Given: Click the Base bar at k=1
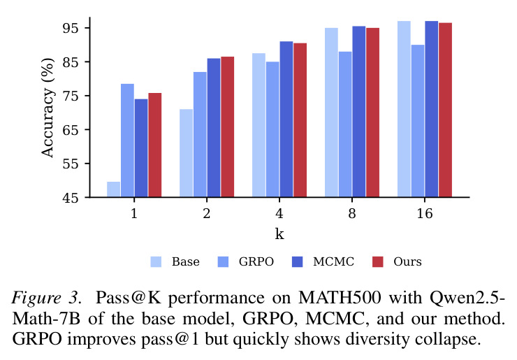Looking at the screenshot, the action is tap(113, 189).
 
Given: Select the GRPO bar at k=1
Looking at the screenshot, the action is tap(127, 141).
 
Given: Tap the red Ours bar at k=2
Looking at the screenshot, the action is tap(228, 127).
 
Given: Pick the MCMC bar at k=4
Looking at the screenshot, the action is tap(286, 120).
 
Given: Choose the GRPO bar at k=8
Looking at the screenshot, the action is tap(345, 124).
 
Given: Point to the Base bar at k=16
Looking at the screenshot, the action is tap(404, 109).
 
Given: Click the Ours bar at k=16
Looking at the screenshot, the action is tap(445, 110).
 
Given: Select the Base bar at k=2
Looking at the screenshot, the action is tap(187, 153).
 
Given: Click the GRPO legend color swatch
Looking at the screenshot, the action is tap(224, 261).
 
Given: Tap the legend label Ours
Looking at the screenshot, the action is tap(407, 261).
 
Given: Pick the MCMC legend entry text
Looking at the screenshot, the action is tap(333, 261).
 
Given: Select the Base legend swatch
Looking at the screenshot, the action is tap(156, 261).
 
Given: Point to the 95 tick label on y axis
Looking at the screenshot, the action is tap(71, 28).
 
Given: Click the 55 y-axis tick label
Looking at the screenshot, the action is tap(71, 164).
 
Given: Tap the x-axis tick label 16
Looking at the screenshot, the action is tap(425, 214).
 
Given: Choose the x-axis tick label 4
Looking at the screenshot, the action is tap(279, 214).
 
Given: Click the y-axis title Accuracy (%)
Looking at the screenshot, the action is tap(48, 108).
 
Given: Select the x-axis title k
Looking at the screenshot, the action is tap(279, 234).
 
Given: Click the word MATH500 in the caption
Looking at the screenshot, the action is tap(340, 298).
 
